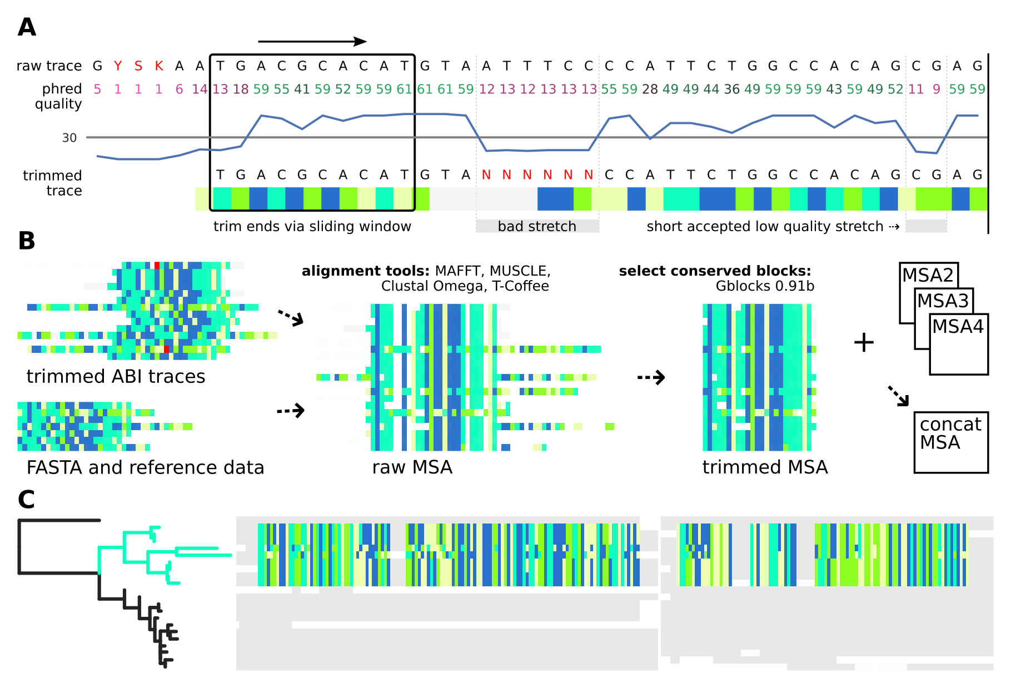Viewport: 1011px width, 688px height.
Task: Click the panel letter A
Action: pos(27,27)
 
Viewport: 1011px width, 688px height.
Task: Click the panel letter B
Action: pos(27,241)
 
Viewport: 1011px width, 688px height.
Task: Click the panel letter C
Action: pos(26,499)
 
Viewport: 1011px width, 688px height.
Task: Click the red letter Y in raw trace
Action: pos(118,66)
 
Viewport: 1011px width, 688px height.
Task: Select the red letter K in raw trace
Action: pos(159,66)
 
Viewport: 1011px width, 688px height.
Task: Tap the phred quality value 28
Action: pos(650,89)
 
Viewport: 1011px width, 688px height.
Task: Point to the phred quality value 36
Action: pos(731,89)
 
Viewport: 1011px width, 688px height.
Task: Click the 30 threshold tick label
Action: pos(69,138)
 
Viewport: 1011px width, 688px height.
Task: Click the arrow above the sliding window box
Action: pos(312,41)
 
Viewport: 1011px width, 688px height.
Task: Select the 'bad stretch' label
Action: pos(537,226)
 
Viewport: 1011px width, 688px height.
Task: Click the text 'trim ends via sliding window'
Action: pos(312,226)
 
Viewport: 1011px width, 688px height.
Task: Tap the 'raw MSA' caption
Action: pos(412,467)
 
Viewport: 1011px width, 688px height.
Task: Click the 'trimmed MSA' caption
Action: pos(765,467)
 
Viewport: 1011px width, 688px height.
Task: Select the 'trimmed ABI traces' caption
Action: pos(116,377)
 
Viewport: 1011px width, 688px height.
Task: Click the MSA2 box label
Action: pos(928,275)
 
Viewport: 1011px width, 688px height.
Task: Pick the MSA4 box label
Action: pos(958,326)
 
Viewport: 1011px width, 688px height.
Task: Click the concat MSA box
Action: pos(950,442)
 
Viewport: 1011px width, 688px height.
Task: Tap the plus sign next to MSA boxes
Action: pos(864,342)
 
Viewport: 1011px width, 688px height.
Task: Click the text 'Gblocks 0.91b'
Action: pos(765,286)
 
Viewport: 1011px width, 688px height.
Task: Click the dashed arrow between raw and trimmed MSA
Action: pos(651,377)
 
